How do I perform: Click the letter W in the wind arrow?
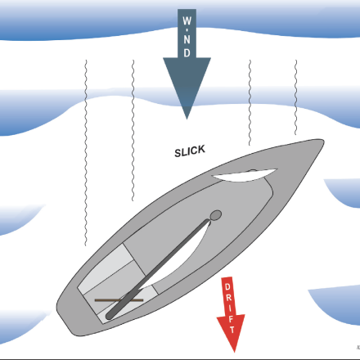tap(187, 20)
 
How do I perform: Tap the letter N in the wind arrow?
tap(187, 40)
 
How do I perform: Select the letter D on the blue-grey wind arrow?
tap(187, 53)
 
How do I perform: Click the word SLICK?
tap(190, 151)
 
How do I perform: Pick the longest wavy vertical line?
tap(86, 153)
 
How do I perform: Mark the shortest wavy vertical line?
tap(296, 97)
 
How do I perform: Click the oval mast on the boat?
tap(215, 215)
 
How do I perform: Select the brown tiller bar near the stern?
tap(119, 300)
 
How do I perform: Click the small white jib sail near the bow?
tap(244, 175)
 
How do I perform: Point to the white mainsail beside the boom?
tap(180, 259)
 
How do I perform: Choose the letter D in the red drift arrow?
tap(227, 286)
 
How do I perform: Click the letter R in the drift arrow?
tap(229, 297)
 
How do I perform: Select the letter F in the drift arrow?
tap(232, 319)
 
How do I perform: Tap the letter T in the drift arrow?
tap(232, 330)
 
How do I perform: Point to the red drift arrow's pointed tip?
tap(234, 352)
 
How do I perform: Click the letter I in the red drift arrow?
tap(230, 308)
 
